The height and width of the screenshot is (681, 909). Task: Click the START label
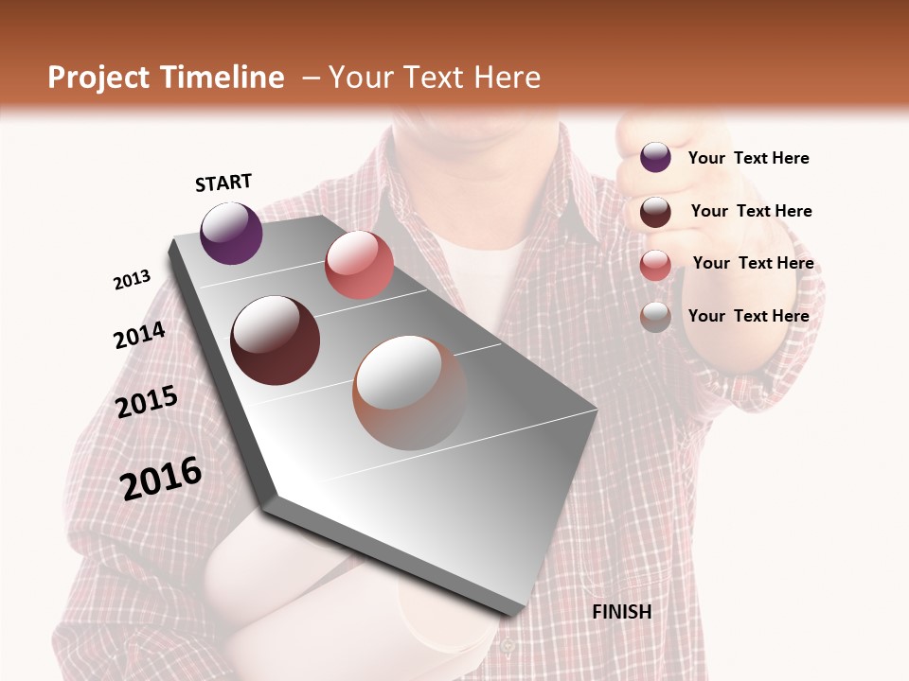(x=223, y=183)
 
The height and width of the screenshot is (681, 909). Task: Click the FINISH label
(x=622, y=612)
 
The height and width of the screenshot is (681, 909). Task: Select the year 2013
(x=133, y=279)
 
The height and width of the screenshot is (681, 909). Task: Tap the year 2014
(x=140, y=335)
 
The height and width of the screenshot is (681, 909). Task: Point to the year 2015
(x=147, y=402)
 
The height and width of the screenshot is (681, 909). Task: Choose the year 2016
(x=162, y=479)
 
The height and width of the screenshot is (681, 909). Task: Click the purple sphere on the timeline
(x=231, y=234)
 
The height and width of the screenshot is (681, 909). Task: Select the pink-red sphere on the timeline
(x=359, y=265)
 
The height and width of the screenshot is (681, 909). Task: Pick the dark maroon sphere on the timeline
(x=276, y=340)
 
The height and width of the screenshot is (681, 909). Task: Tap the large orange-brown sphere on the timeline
(x=410, y=393)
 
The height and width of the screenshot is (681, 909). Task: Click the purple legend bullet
(x=655, y=158)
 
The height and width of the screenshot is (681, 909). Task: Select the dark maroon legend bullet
(x=655, y=211)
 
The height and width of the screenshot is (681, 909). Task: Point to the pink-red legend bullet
(x=655, y=264)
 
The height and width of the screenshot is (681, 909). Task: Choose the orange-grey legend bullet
(x=655, y=316)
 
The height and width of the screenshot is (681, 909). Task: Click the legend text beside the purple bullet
(x=748, y=158)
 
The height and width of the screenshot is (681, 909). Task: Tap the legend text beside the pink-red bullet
(x=753, y=263)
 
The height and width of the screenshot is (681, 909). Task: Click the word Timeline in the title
(x=224, y=78)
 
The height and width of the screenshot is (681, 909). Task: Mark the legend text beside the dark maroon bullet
(x=751, y=211)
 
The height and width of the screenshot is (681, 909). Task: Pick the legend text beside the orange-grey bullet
(x=748, y=316)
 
